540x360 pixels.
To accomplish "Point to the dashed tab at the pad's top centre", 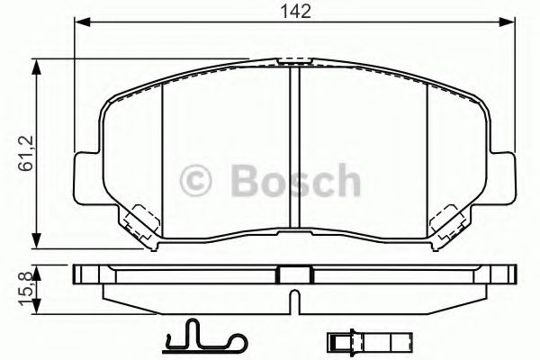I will [292, 62].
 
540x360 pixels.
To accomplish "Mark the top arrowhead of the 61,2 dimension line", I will [35, 64].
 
